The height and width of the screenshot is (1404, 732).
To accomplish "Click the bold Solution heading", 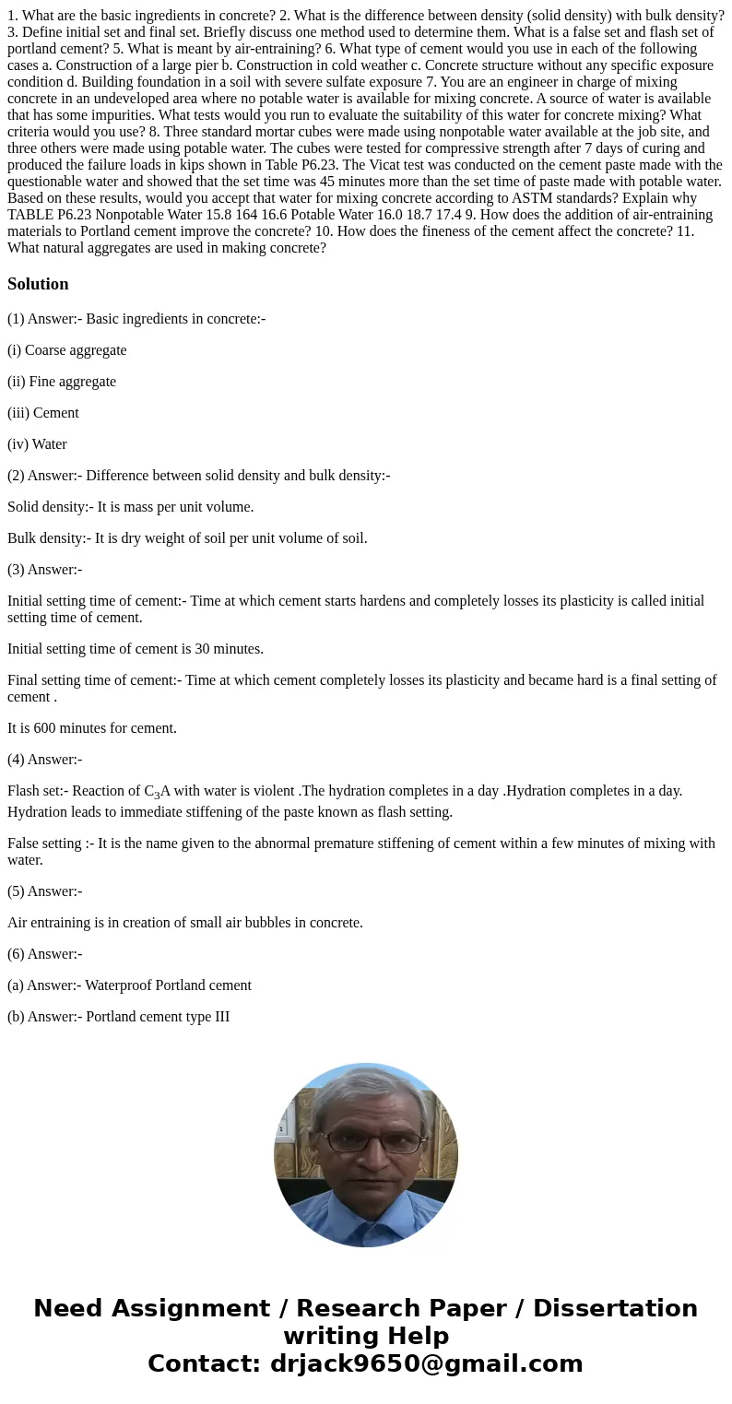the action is [38, 284].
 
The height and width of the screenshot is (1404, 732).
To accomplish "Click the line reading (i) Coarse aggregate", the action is [67, 350].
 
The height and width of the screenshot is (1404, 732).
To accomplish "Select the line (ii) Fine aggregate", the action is [62, 382].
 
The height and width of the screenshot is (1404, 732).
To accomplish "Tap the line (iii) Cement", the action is [43, 413].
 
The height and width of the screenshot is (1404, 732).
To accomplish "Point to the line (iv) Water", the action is [38, 444].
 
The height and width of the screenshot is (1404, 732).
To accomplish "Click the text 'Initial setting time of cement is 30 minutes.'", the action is [136, 649].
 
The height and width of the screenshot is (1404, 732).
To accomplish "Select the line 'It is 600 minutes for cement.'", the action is [92, 728].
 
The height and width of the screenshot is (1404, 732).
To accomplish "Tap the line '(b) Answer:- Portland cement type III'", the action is [119, 1017].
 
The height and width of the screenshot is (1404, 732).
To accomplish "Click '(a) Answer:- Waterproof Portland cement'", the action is [129, 985].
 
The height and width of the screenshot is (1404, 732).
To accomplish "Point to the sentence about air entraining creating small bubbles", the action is [185, 923].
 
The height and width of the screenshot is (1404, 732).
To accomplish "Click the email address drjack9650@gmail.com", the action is [425, 1364].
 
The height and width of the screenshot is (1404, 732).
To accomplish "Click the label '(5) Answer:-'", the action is [45, 891].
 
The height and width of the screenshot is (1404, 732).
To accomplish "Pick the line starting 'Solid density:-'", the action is [131, 507].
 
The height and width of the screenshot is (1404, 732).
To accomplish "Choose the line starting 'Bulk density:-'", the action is [187, 538].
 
